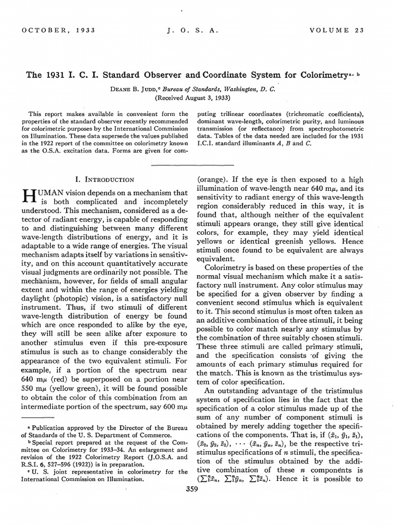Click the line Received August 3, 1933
[x=193, y=97]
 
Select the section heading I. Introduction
[x=105, y=179]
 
